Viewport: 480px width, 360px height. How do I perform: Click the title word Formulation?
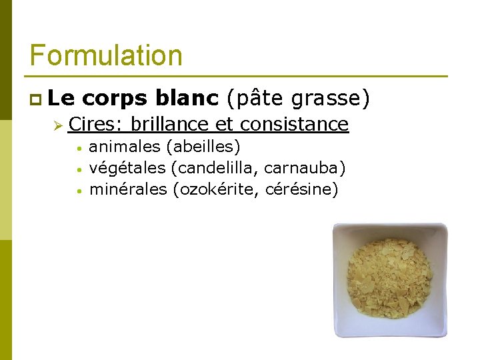click(106, 55)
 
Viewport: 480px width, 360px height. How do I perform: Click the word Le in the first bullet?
click(61, 99)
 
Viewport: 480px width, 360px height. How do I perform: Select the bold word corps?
click(117, 99)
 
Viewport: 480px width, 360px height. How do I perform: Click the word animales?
click(125, 146)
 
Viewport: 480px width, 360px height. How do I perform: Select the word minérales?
click(128, 189)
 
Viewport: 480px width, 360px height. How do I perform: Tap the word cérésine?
click(301, 189)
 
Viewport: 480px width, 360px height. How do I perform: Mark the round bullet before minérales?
click(78, 191)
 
